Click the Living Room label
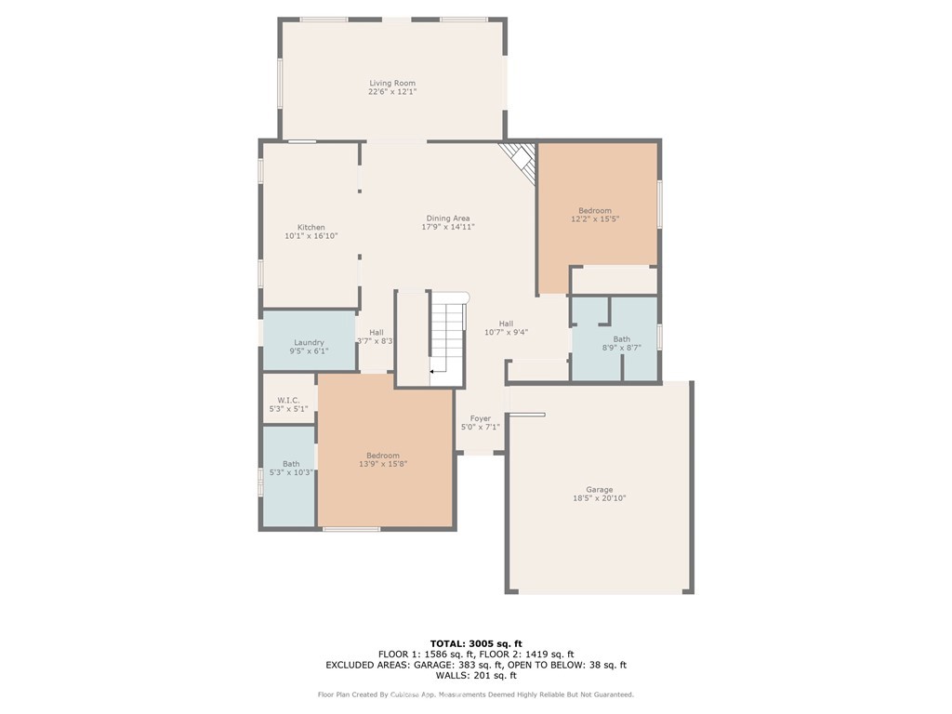(391, 83)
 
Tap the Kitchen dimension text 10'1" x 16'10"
(311, 236)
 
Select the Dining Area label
(448, 218)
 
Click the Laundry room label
(309, 342)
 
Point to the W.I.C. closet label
(288, 400)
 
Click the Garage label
(599, 489)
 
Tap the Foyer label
(480, 418)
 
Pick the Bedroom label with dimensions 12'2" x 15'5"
(595, 211)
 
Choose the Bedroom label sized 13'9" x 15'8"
(383, 456)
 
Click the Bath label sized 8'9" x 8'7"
(621, 339)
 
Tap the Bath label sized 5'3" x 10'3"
(291, 464)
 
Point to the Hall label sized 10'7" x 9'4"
(506, 324)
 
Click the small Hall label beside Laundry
(376, 333)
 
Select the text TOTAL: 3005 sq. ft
(476, 643)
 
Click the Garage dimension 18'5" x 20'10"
(599, 498)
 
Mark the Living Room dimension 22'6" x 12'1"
(391, 92)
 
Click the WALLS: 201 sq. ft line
(476, 676)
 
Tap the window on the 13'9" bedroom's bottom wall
(351, 529)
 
